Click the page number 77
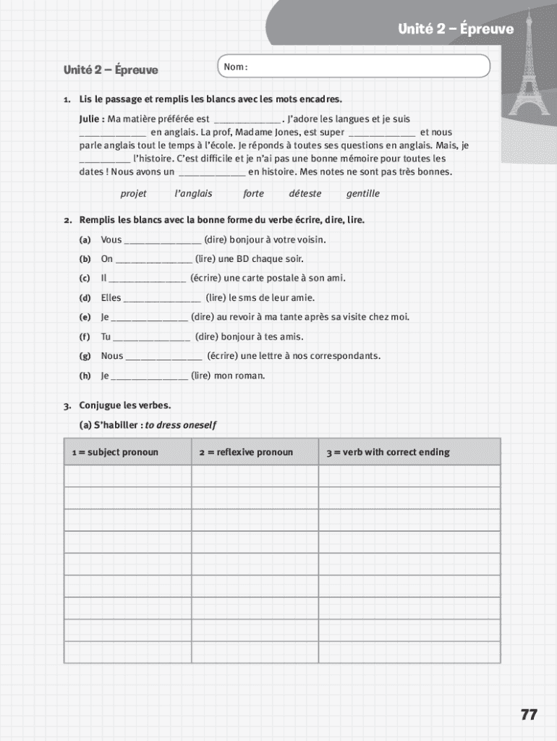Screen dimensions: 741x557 [529, 714]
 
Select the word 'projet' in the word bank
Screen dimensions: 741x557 [133, 194]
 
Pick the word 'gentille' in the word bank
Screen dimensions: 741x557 [362, 194]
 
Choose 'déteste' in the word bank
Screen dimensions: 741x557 [305, 194]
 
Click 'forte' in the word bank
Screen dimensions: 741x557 [253, 194]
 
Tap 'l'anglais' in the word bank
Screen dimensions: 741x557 [193, 194]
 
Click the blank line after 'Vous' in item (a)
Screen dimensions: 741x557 [163, 241]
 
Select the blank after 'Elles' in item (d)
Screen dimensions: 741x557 [162, 299]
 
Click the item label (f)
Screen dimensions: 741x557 [85, 337]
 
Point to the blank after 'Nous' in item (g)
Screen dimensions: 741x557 [163, 357]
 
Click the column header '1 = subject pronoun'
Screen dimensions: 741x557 [115, 452]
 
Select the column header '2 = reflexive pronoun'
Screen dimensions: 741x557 [246, 452]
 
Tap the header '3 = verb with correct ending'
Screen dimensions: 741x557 [388, 452]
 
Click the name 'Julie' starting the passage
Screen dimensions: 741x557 [91, 119]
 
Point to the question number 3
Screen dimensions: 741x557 [67, 405]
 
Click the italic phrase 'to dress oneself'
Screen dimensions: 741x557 [181, 425]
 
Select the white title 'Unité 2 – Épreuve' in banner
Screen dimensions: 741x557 [455, 29]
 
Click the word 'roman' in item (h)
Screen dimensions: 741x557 [250, 376]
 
